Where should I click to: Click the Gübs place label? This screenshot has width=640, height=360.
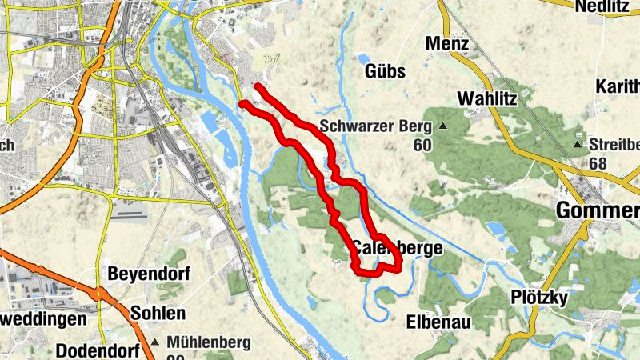tap(385, 71)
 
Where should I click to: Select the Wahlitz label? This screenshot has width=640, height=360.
tap(488, 98)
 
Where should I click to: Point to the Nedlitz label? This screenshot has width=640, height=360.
tap(607, 6)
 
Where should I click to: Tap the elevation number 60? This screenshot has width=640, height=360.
tap(422, 145)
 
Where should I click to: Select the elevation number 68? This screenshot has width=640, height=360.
tap(596, 163)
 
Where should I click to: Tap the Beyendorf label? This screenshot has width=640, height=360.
tap(150, 274)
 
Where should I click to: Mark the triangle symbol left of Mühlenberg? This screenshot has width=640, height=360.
tap(170, 342)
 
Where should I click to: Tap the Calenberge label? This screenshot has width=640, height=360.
tap(397, 248)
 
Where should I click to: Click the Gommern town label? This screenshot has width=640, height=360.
tap(597, 211)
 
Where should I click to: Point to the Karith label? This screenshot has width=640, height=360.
tap(618, 86)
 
